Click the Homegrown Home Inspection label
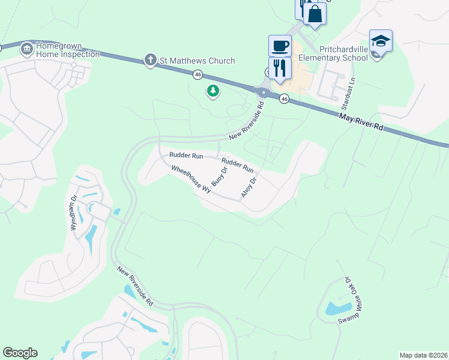click(x=67, y=50)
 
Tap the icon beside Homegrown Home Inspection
click(x=26, y=49)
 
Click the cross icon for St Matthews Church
click(x=151, y=60)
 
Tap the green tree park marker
click(x=212, y=91)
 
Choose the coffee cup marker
click(x=280, y=46)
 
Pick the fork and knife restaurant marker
click(x=280, y=68)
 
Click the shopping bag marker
click(x=315, y=13)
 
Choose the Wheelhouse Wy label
click(x=191, y=178)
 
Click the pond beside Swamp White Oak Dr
click(x=334, y=309)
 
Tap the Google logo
click(x=20, y=353)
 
